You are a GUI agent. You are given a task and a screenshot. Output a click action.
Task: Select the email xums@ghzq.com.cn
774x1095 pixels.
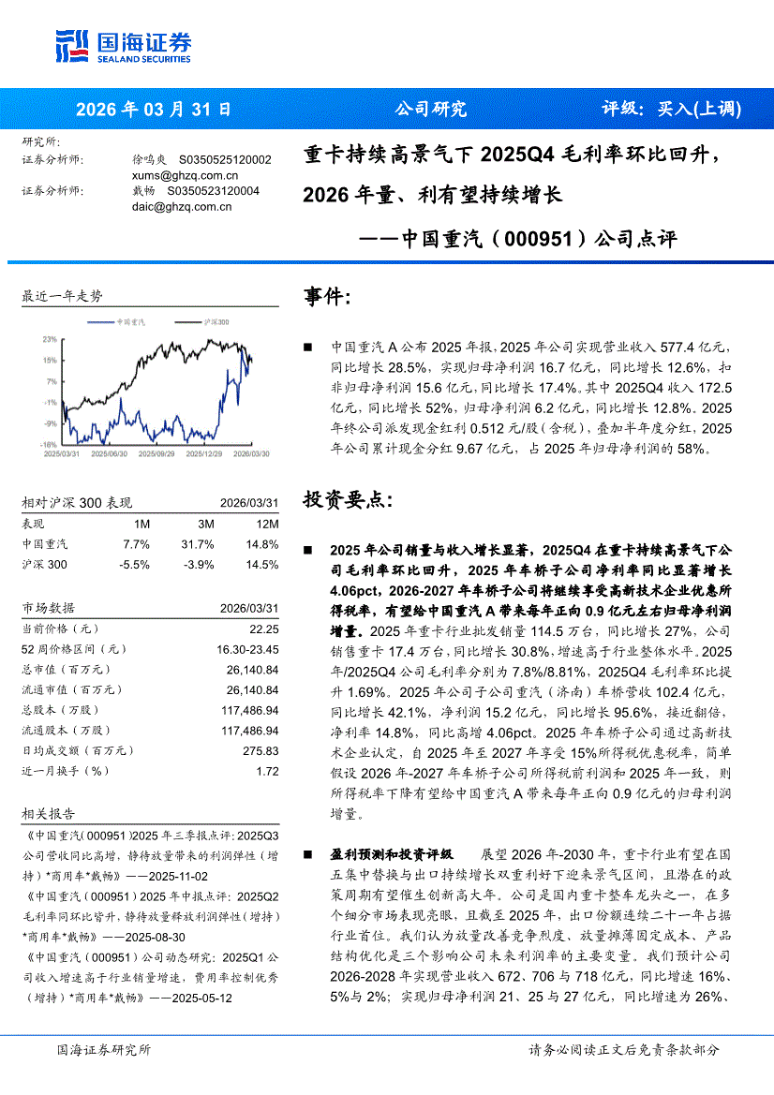tap(185, 175)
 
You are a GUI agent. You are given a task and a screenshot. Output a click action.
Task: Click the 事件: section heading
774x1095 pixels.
tap(327, 299)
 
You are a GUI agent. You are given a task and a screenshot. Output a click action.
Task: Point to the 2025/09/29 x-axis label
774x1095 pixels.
tap(156, 452)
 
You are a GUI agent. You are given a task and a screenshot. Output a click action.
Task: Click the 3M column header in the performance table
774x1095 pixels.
tap(205, 524)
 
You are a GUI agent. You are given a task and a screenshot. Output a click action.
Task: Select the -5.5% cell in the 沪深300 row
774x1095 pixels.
tap(135, 565)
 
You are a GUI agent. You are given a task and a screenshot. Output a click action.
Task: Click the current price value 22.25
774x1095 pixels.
tap(264, 629)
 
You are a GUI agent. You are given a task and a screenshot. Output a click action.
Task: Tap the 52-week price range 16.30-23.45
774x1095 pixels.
tap(247, 648)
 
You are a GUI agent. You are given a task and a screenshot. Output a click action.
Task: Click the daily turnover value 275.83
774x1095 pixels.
tap(261, 751)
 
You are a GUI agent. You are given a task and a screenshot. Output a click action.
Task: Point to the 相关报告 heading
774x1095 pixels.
tap(48, 814)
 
